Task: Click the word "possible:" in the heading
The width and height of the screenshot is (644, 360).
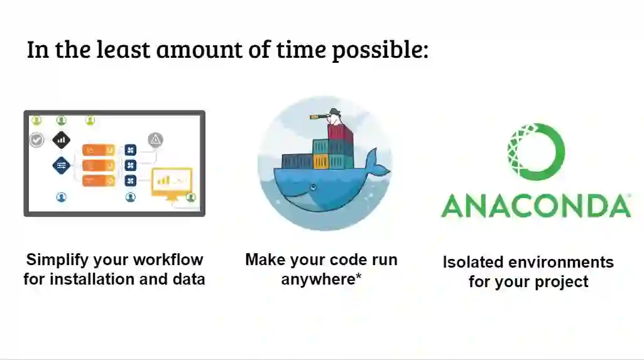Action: tap(380, 50)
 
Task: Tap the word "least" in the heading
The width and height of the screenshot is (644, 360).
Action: tap(123, 49)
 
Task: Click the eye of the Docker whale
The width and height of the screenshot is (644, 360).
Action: tap(314, 188)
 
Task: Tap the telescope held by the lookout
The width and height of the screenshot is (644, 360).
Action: tap(320, 117)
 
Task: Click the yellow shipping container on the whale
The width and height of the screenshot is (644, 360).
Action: tap(321, 161)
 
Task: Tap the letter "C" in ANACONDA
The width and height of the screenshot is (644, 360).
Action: tap(523, 205)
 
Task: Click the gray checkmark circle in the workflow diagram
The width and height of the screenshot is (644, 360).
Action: tap(37, 140)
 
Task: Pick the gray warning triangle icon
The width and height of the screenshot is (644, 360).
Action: tap(155, 140)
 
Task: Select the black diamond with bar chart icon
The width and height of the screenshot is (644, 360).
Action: tap(61, 140)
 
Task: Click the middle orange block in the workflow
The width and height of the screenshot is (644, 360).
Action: tap(99, 165)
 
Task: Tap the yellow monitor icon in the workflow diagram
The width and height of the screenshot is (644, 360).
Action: tap(172, 183)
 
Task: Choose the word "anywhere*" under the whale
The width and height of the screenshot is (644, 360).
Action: tap(321, 280)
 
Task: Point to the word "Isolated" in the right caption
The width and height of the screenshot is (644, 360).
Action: tap(472, 262)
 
